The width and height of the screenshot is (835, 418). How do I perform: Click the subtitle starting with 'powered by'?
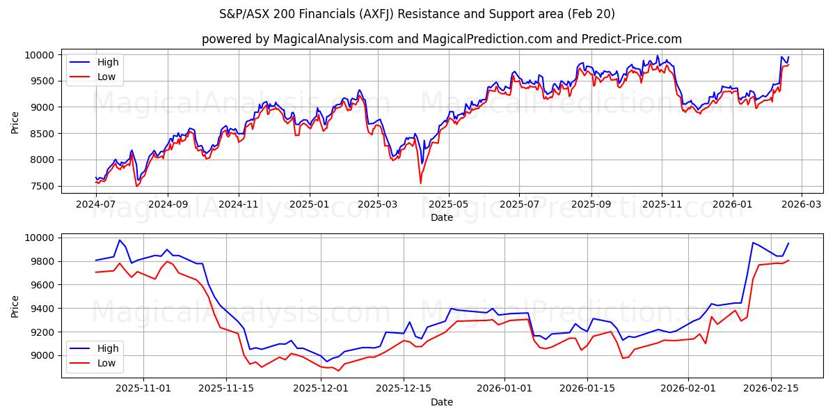(x=442, y=39)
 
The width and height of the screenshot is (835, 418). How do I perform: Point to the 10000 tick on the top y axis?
(x=40, y=55)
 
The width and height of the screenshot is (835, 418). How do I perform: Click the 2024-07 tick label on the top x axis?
(x=96, y=205)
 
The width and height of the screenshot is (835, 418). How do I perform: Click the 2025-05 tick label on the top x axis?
(x=449, y=205)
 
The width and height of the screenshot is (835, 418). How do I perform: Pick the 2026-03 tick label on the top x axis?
(x=802, y=205)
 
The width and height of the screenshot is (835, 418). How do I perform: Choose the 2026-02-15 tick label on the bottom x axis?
(x=771, y=389)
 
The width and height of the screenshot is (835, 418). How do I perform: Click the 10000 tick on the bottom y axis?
(x=40, y=238)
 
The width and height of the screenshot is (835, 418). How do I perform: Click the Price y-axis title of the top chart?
(x=15, y=123)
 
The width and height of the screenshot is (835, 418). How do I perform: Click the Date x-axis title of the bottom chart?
(x=442, y=402)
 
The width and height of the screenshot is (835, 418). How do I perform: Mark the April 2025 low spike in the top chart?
(x=420, y=183)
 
